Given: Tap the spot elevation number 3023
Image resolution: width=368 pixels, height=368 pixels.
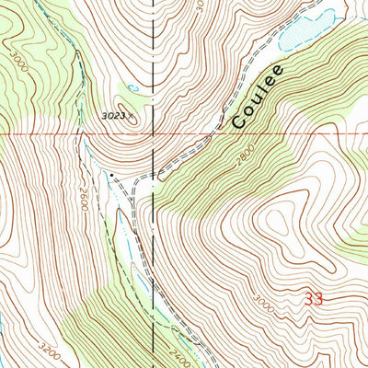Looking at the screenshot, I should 114,116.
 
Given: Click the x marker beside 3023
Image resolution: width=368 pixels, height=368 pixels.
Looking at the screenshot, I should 132,116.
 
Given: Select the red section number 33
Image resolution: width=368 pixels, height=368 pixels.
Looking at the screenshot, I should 313,299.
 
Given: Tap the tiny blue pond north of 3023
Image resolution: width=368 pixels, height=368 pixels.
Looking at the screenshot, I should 134,87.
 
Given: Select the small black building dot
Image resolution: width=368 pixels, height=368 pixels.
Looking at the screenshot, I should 112,173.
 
